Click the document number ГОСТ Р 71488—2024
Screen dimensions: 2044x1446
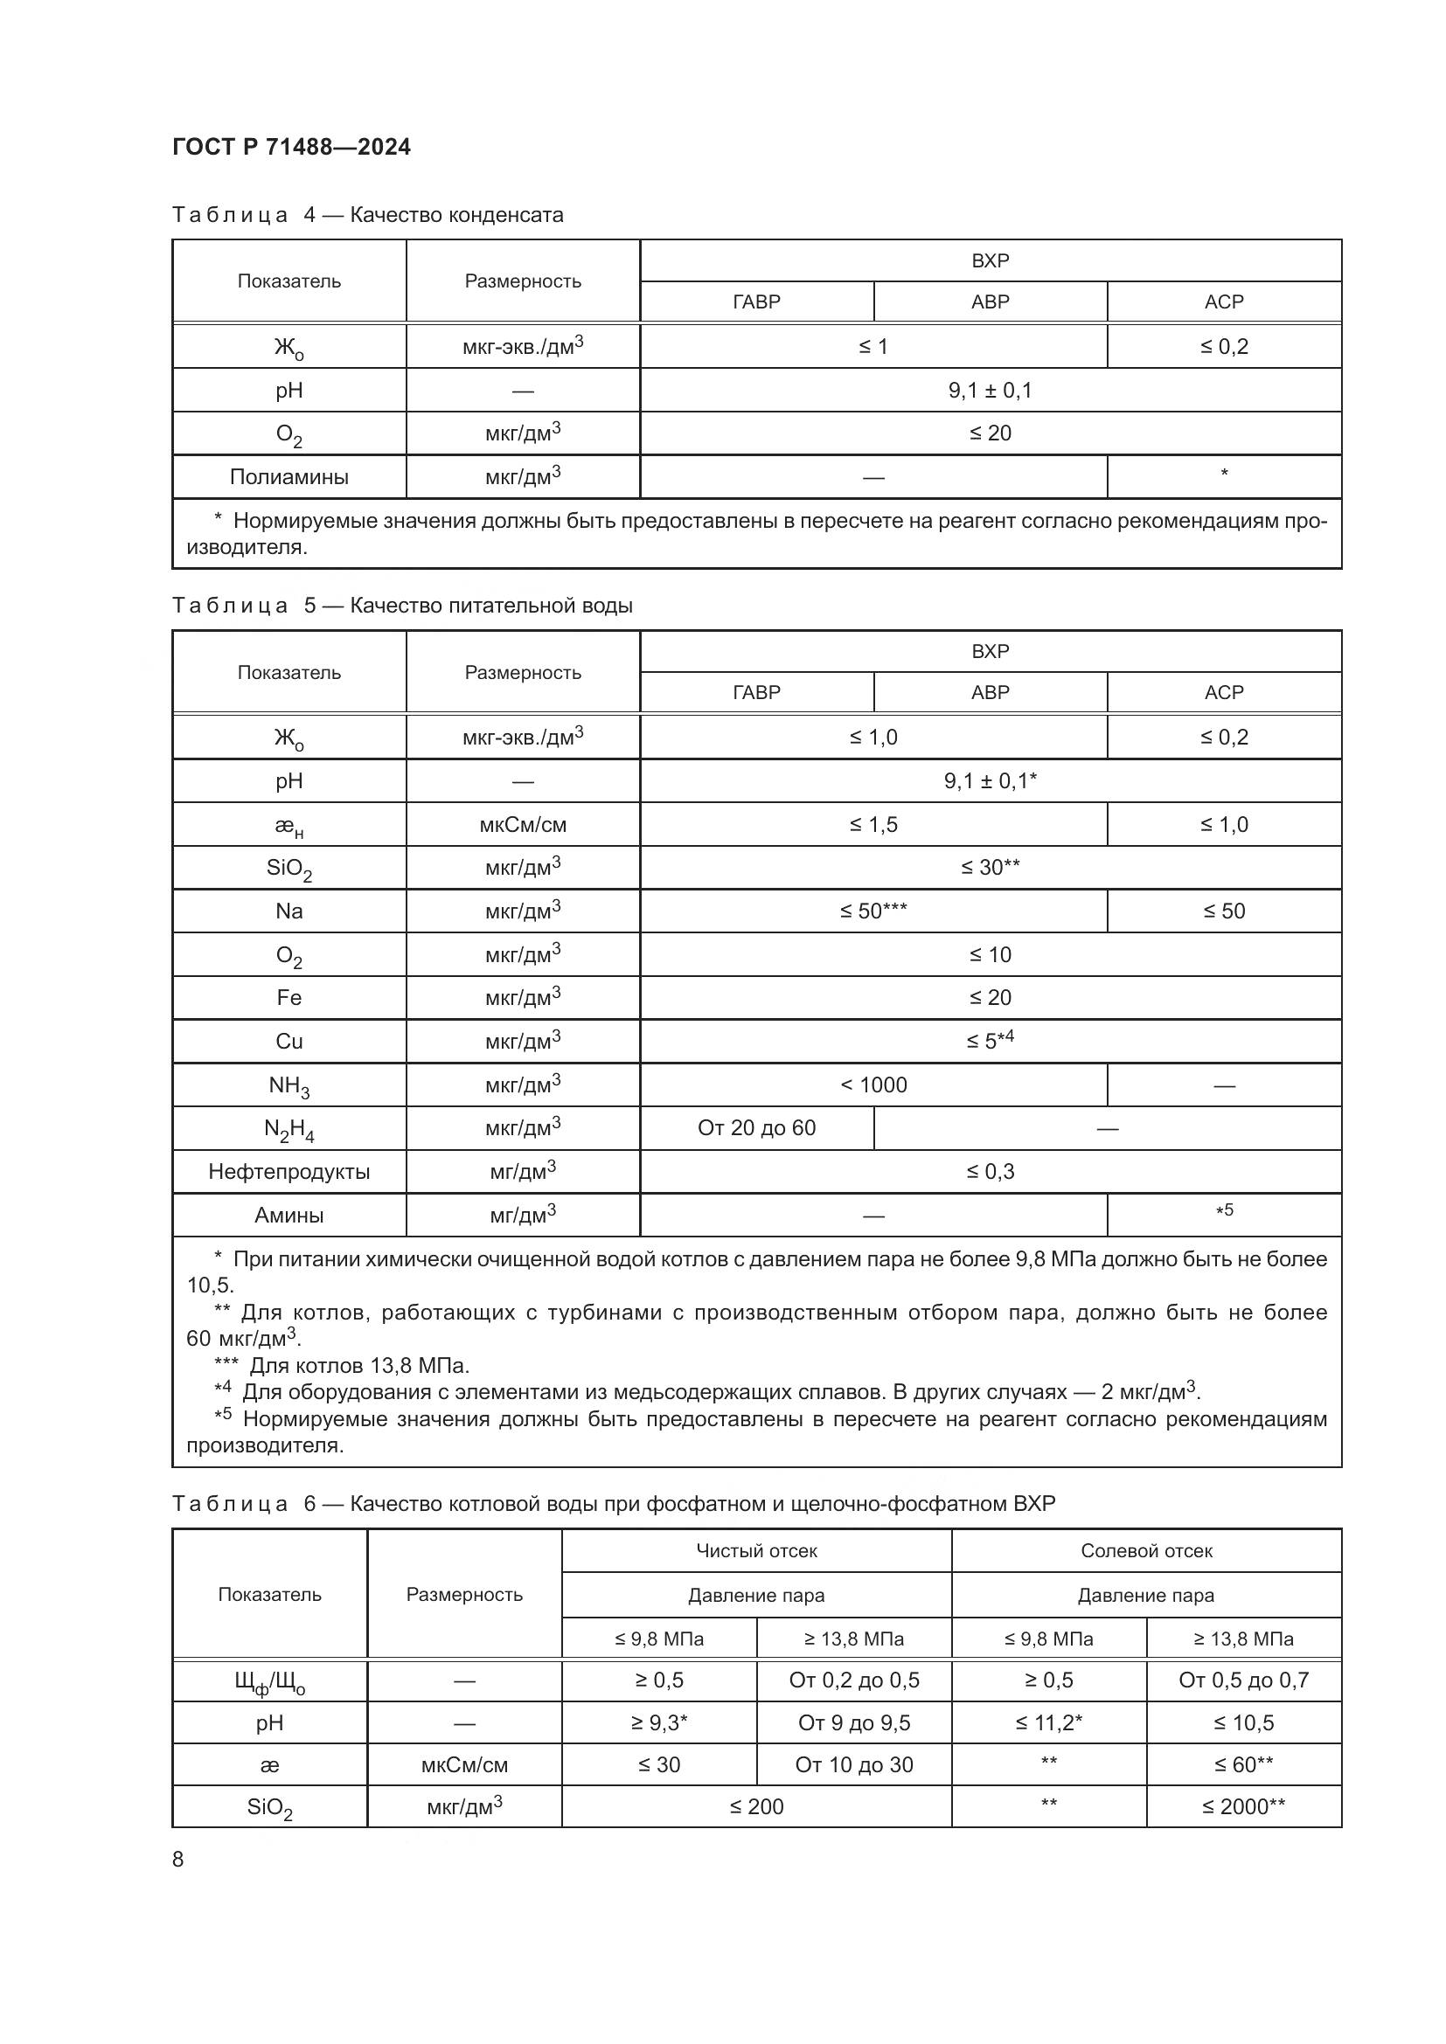click(x=291, y=147)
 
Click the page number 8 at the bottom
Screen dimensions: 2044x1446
click(x=178, y=1859)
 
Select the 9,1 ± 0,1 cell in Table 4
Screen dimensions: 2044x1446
click(x=990, y=390)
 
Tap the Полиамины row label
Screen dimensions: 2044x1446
click(x=289, y=477)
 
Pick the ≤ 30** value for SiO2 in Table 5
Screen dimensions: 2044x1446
click(x=990, y=867)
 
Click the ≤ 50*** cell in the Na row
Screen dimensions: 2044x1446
click(x=872, y=911)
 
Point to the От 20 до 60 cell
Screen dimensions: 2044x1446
click(x=756, y=1128)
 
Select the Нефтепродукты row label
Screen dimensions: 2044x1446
click(x=289, y=1172)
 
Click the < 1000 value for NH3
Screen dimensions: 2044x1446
click(x=872, y=1085)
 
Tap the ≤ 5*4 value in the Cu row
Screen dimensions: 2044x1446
click(x=990, y=1041)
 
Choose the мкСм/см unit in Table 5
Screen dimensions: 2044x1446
click(x=523, y=824)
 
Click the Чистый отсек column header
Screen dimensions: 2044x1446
click(x=756, y=1551)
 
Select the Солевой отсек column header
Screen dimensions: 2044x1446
click(x=1146, y=1551)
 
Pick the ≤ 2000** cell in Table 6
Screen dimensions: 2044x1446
click(x=1243, y=1806)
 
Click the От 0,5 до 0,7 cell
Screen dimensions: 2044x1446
click(x=1243, y=1680)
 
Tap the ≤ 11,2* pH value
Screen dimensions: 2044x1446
click(x=1048, y=1722)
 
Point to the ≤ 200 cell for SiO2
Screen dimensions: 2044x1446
click(x=756, y=1806)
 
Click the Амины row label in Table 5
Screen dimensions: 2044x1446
click(x=289, y=1216)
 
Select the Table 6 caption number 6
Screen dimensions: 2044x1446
click(x=309, y=1504)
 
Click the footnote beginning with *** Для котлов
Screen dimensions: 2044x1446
click(x=343, y=1366)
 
